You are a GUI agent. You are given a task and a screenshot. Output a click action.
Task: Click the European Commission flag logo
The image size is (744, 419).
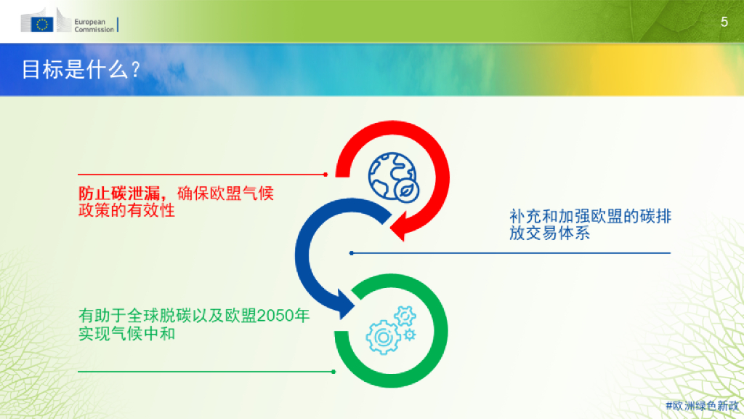[43, 25]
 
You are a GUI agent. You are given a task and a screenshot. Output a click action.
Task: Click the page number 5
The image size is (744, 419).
[724, 22]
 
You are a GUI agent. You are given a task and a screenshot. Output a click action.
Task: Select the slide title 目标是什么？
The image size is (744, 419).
[81, 69]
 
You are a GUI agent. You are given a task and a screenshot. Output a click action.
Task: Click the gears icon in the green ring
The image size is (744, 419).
[391, 332]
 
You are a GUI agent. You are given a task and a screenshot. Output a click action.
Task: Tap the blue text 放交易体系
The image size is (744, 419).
[549, 234]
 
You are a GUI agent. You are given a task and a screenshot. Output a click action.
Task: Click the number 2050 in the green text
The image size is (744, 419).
[273, 317]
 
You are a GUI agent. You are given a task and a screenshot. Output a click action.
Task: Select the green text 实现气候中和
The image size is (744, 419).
[126, 334]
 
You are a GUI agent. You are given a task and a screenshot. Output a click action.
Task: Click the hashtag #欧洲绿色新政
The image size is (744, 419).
[701, 405]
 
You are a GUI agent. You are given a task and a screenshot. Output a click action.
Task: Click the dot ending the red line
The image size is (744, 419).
[325, 175]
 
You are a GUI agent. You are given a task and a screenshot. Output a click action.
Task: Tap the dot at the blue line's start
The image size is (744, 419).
[352, 253]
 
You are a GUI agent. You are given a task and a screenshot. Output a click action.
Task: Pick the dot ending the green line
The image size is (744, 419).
[333, 372]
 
